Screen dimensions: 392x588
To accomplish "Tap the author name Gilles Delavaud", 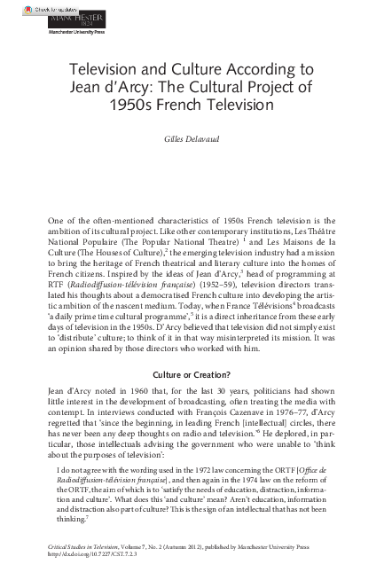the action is coord(195,140).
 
